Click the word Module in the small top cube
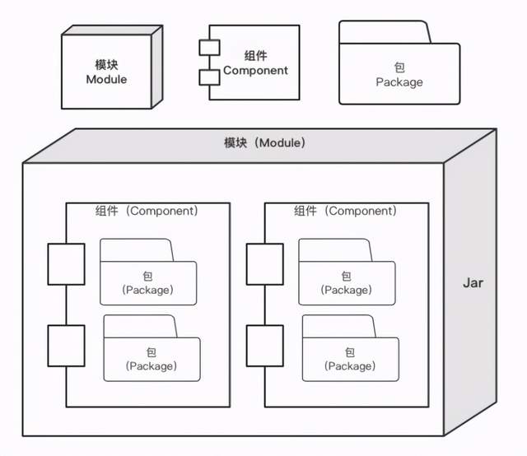point(106,79)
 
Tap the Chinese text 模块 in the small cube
point(106,64)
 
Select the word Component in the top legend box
point(255,70)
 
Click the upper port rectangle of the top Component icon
point(209,48)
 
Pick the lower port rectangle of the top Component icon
point(209,77)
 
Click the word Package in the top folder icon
point(399,82)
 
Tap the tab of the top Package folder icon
point(385,32)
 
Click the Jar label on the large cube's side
point(473,283)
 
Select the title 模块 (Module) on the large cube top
point(265,143)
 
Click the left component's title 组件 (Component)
point(147,211)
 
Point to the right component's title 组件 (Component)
point(346,211)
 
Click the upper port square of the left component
point(66,264)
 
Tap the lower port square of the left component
point(66,346)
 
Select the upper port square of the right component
point(265,264)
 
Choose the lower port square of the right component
point(265,346)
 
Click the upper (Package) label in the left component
point(148,290)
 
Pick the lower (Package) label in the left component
point(152,366)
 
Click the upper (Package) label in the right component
point(347,290)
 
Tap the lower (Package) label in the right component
point(350,366)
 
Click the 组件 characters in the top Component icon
point(255,56)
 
